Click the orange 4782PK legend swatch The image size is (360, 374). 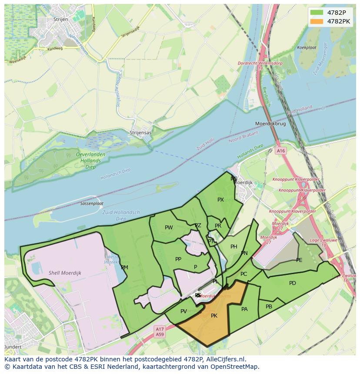click(317, 21)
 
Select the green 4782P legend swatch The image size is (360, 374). click(317, 12)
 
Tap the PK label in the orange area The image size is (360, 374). click(214, 316)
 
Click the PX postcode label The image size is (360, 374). click(220, 200)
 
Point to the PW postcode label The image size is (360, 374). click(169, 228)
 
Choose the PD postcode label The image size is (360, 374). click(293, 283)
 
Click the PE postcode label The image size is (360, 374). click(299, 260)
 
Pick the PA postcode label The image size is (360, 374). click(244, 309)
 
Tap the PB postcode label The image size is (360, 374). click(269, 307)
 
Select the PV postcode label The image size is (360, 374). click(183, 311)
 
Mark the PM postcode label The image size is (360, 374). click(124, 268)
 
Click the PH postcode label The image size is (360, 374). click(234, 247)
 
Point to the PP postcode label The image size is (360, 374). click(178, 259)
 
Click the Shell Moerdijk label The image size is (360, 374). click(65, 273)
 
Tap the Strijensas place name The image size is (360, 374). click(140, 132)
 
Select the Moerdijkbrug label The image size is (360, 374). click(270, 124)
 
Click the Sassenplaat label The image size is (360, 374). click(92, 203)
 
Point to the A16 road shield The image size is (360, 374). click(281, 151)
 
